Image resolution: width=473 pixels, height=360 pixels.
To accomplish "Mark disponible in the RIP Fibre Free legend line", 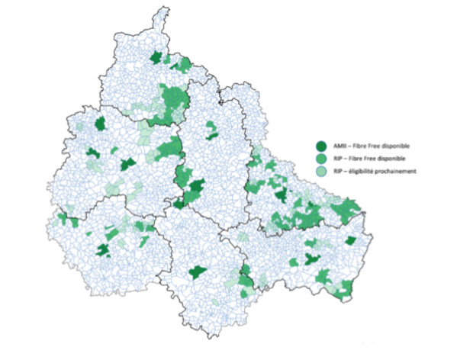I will (392, 159).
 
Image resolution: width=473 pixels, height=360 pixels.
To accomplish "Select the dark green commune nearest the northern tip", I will (158, 57).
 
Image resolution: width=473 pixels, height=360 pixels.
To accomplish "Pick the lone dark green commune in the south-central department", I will (198, 271).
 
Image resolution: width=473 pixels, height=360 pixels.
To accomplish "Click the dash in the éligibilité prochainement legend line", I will (345, 172).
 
